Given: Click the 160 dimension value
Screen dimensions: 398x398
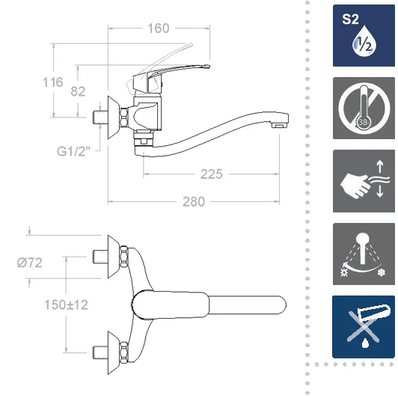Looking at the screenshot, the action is coord(159,28).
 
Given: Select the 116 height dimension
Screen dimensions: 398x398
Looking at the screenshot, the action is coord(53,82).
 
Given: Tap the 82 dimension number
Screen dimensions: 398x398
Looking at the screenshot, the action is coord(78,91).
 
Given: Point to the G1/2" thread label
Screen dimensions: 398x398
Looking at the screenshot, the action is coord(73,152).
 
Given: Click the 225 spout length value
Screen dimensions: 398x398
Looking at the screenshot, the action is coord(212,174).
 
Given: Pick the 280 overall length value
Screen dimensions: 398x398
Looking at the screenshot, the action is coord(194,202).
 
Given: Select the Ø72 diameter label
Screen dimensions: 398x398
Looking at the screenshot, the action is coord(30,263).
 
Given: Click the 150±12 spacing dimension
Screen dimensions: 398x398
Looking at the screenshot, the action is coord(67,304).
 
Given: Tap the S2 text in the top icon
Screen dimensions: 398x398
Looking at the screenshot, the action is coord(350,19).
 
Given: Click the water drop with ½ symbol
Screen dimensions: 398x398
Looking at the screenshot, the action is coord(364,43).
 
